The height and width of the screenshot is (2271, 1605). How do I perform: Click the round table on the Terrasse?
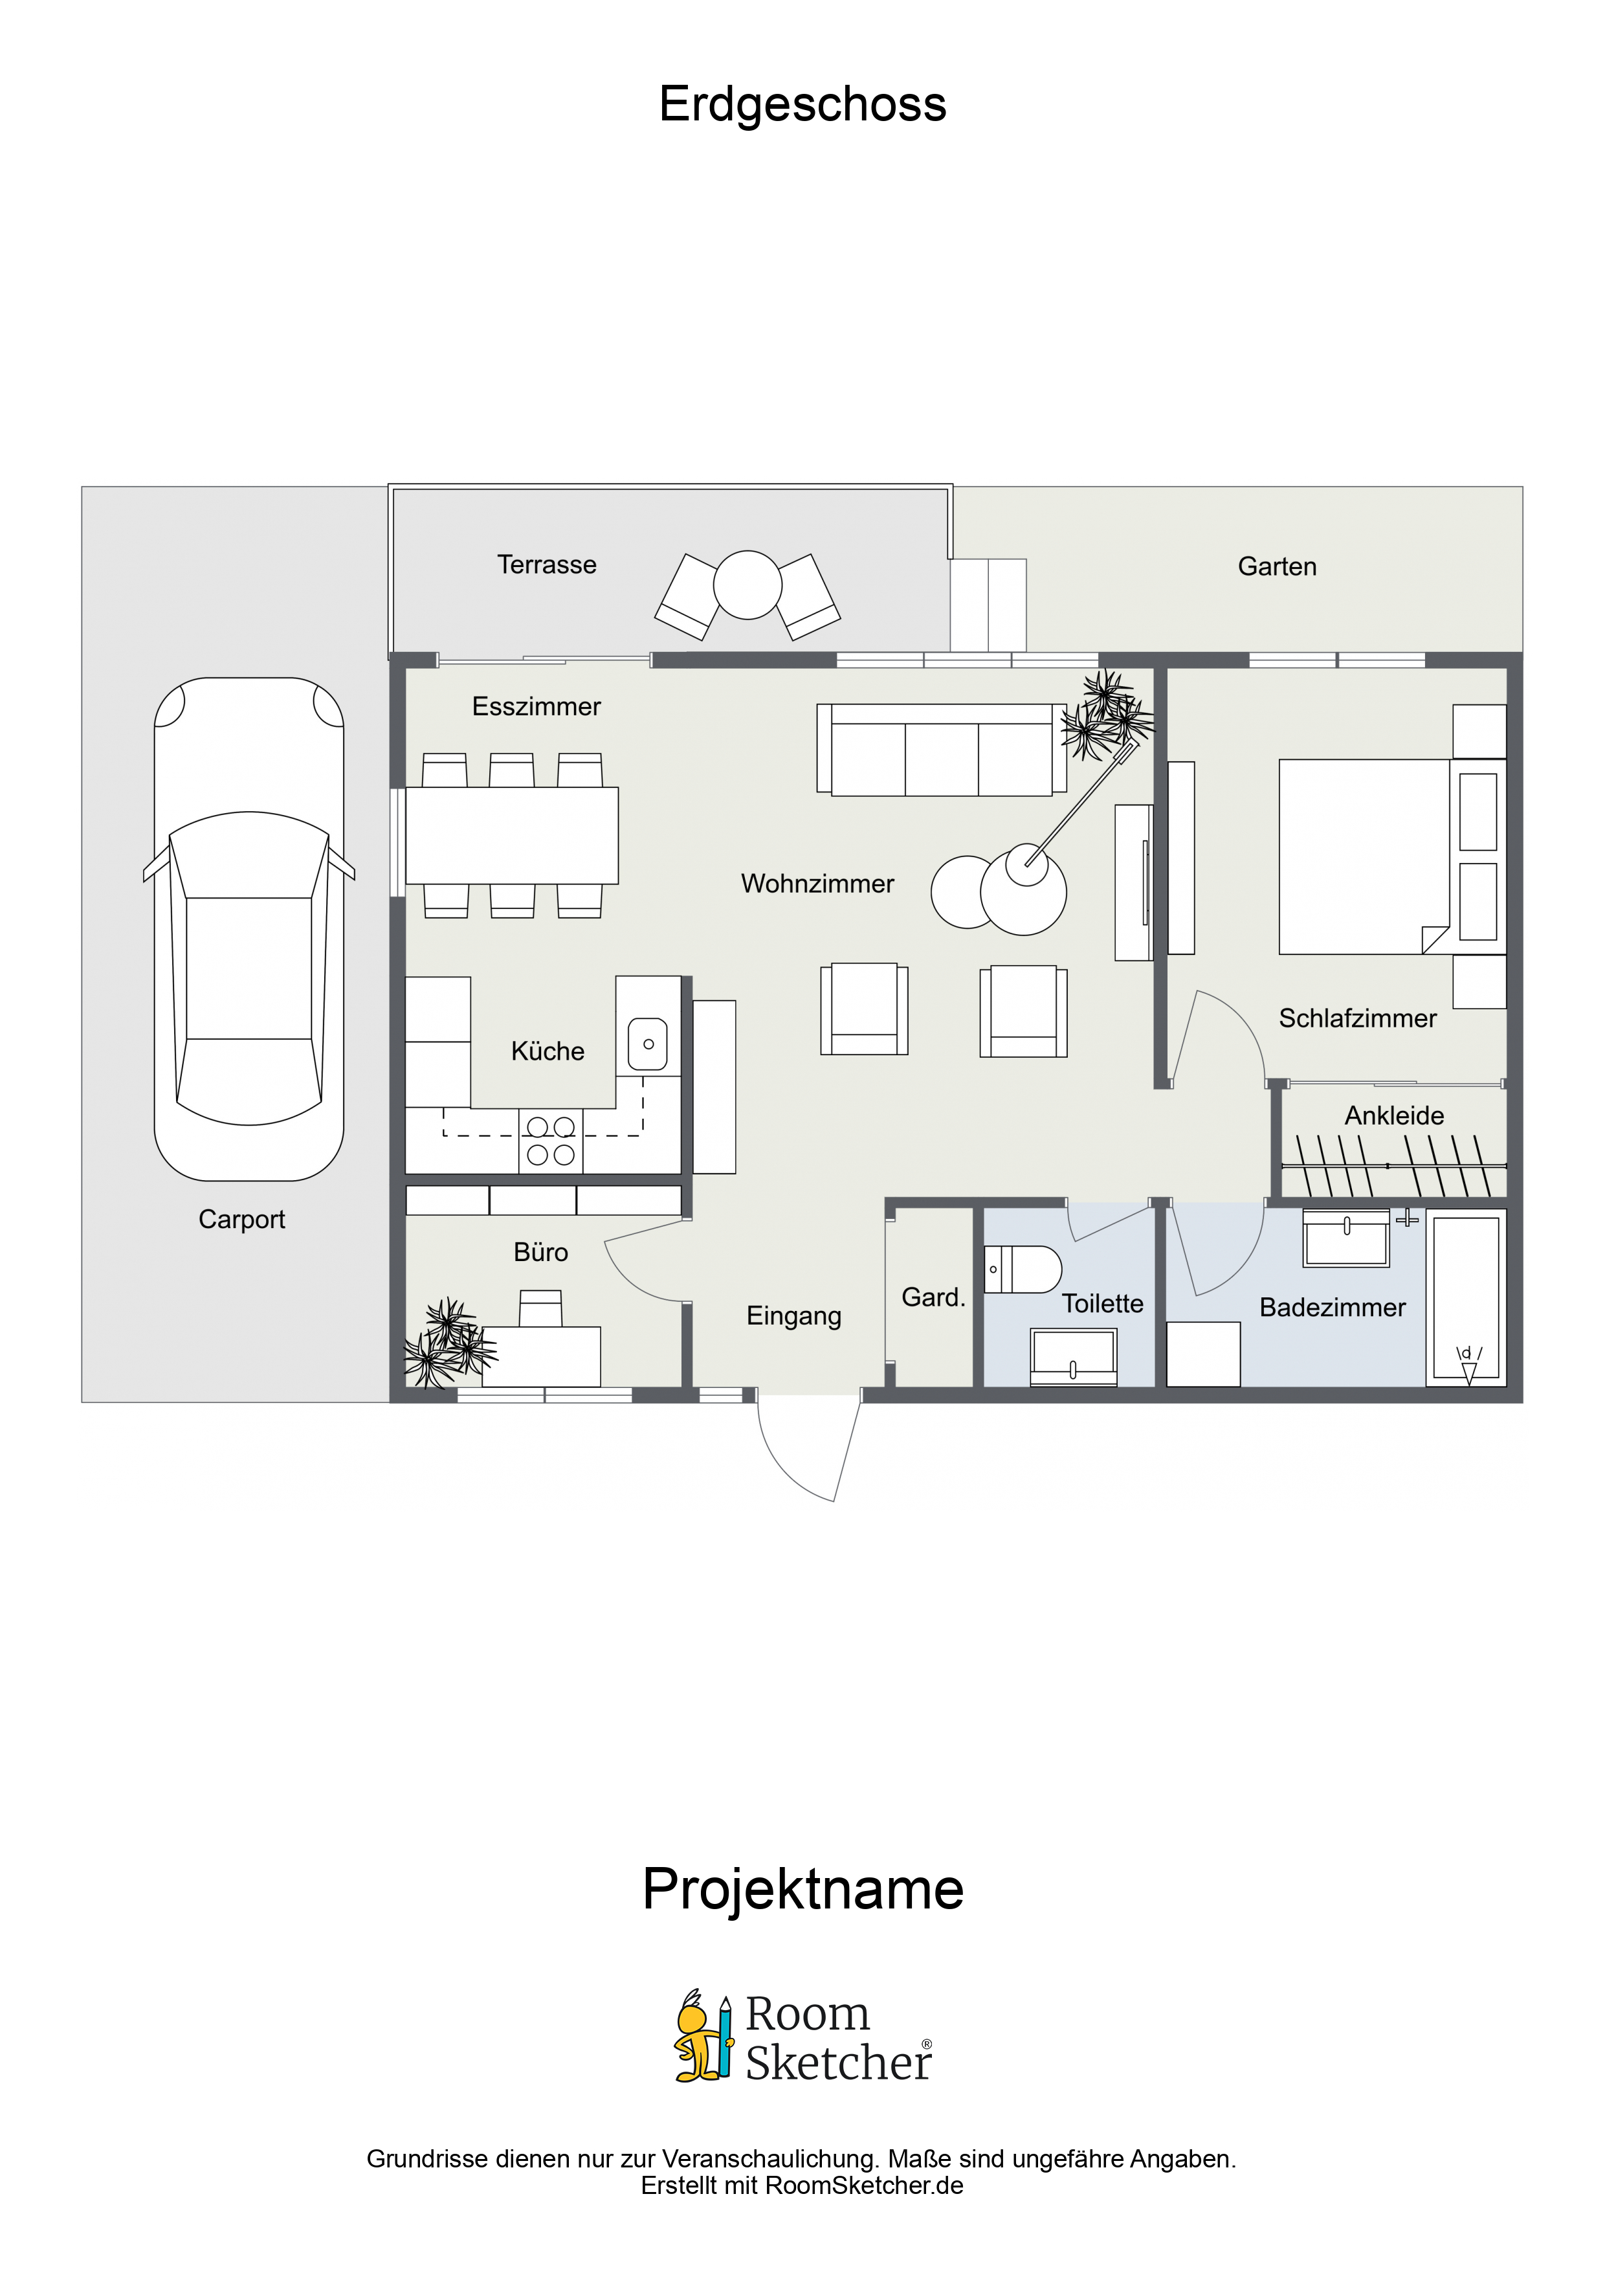(x=747, y=585)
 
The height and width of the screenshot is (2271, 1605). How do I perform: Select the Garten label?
(x=1277, y=566)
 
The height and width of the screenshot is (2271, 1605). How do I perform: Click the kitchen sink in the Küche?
(x=648, y=1044)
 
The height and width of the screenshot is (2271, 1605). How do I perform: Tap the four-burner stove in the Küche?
(x=551, y=1141)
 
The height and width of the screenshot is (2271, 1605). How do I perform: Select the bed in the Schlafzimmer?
(x=1365, y=856)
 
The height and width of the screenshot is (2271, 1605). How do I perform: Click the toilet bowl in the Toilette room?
(x=1024, y=1269)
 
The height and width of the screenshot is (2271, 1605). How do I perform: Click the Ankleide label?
(x=1393, y=1115)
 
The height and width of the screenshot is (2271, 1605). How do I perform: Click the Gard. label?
(x=933, y=1297)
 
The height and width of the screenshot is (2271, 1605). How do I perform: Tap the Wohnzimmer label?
(x=817, y=883)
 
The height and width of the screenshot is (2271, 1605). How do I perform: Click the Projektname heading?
(x=802, y=1888)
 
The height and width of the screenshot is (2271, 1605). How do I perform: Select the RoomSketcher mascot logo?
(x=703, y=2035)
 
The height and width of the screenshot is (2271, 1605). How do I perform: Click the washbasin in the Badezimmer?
(x=1346, y=1236)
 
